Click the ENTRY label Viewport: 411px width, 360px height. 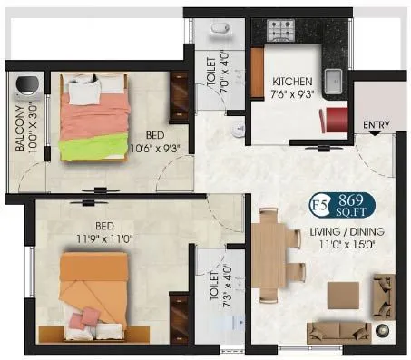376,124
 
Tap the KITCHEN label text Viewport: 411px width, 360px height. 292,81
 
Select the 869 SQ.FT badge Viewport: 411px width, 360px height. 352,201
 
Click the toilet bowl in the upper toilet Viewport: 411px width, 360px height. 219,31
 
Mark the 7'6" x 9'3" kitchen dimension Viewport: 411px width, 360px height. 292,93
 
